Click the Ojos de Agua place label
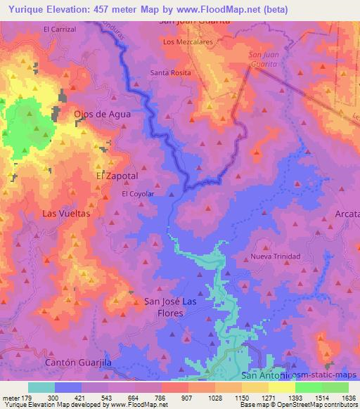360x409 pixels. tap(103, 113)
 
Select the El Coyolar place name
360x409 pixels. tap(138, 193)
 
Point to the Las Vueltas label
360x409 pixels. tap(67, 213)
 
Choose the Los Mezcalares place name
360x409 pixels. tap(187, 42)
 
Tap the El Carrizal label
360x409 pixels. tap(60, 30)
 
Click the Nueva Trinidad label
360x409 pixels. tap(276, 256)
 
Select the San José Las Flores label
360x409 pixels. tap(174, 307)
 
